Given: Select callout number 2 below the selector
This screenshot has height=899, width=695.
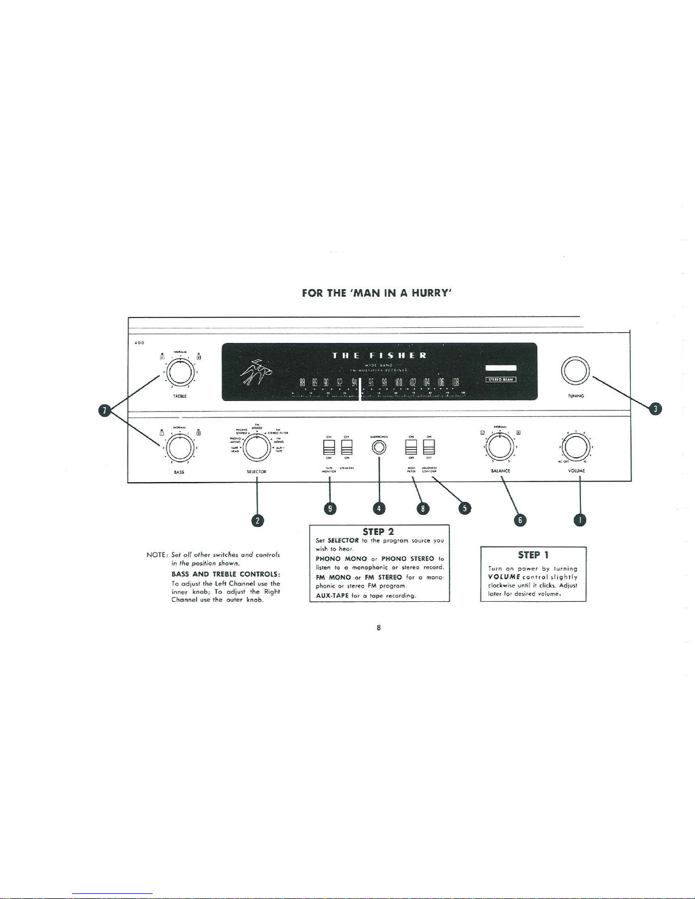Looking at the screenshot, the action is [258, 520].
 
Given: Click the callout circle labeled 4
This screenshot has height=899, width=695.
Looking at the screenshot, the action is [378, 508].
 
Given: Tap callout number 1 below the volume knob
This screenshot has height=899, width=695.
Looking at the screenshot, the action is [580, 520].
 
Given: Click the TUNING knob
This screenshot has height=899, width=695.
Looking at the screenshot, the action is [576, 372].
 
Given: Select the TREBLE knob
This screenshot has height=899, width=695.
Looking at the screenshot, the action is [179, 373].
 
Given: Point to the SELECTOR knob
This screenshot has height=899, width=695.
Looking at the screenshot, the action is [257, 448].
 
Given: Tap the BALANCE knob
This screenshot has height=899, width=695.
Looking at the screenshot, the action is [500, 448].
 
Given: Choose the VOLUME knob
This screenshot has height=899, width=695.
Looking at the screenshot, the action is [576, 448].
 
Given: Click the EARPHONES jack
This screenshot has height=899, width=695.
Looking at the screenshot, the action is [378, 448].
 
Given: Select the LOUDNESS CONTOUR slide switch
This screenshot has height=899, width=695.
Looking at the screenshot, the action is [429, 448].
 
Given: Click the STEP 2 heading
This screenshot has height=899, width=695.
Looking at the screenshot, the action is [378, 532].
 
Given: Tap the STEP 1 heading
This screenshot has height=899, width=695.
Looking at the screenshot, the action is [533, 555].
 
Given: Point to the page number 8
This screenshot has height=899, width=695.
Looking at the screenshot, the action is [378, 627].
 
